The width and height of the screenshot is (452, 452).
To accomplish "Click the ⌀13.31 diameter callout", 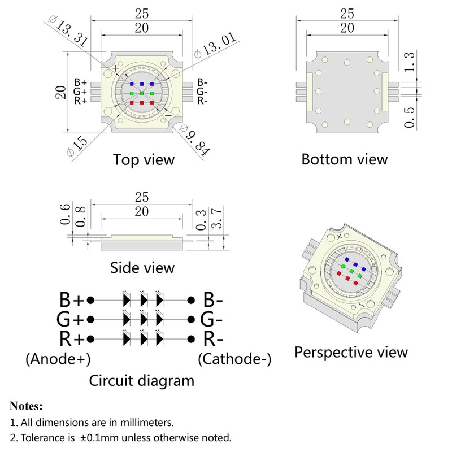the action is (68, 31).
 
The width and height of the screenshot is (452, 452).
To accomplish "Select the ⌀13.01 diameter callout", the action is (215, 45).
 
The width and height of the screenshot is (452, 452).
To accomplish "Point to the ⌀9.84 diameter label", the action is (195, 140).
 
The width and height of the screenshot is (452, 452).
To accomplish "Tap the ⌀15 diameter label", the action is (77, 146).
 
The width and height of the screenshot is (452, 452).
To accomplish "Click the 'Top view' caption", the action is (144, 160).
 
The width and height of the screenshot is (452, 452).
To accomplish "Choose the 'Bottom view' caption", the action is (345, 159).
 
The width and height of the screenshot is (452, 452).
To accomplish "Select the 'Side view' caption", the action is (142, 268).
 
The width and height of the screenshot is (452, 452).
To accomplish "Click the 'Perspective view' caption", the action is (351, 352).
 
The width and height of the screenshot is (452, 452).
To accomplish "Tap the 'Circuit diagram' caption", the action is (142, 380).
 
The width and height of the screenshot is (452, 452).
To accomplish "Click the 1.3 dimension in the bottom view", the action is (409, 62).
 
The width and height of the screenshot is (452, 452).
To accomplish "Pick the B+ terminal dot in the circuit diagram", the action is (90, 301).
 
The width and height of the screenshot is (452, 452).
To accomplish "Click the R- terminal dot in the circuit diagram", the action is (191, 339).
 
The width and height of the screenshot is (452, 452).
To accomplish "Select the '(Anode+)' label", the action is (58, 359).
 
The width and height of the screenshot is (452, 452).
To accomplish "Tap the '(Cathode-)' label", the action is (234, 359).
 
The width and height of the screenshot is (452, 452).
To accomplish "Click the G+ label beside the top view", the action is (80, 92).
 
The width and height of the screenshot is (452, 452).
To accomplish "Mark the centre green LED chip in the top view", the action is (142, 93).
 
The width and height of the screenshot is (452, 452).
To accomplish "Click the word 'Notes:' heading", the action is (26, 406).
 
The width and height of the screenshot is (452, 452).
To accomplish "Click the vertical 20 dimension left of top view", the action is (61, 92).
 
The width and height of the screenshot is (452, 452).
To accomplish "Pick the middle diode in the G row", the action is (144, 319).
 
